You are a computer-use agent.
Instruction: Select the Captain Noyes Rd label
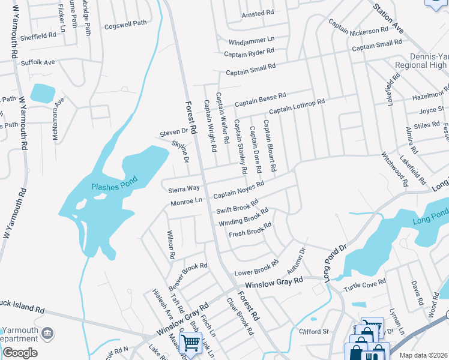[x=238, y=190]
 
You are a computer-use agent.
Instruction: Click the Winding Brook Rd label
[x=243, y=217]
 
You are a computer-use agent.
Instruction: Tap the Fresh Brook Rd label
[x=250, y=229]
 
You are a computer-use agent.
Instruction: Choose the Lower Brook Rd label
[x=256, y=268]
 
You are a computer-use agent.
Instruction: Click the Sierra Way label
[x=184, y=188]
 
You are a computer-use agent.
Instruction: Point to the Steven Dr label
[x=174, y=132]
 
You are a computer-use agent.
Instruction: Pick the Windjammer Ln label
[x=251, y=41]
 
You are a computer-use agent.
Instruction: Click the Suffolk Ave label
[x=37, y=62]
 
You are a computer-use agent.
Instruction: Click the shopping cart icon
[x=190, y=343]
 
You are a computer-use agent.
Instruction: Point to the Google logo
[x=20, y=353]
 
